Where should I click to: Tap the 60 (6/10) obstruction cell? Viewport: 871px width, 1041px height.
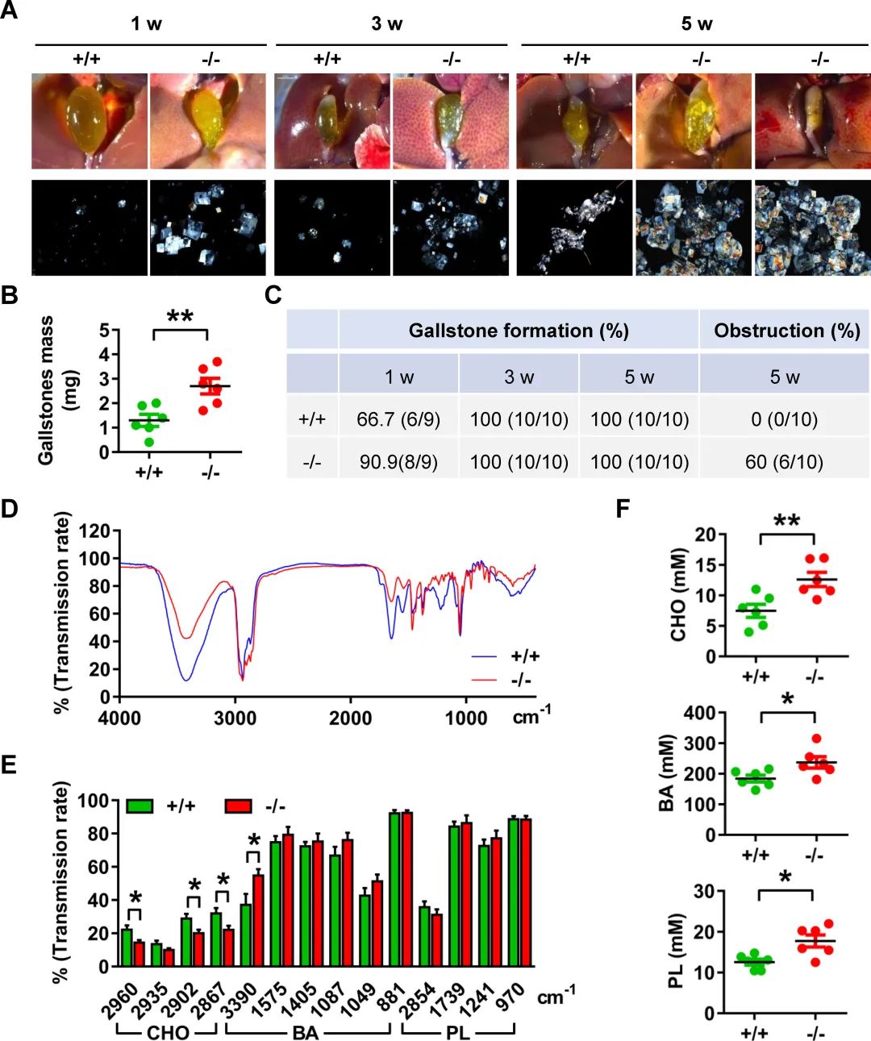[x=784, y=462]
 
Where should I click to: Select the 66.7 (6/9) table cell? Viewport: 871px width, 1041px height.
[x=398, y=419]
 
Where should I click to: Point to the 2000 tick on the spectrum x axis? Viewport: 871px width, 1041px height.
[x=350, y=718]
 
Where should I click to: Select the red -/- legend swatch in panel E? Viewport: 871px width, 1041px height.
[x=238, y=806]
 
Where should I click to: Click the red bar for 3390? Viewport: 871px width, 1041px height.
[x=258, y=920]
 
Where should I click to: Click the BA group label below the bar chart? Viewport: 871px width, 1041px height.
[x=305, y=1032]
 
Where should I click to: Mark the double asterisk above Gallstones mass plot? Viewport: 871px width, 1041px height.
[x=180, y=316]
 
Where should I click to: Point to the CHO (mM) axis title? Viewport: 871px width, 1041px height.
[x=677, y=595]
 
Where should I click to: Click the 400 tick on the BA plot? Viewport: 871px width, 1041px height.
[x=699, y=713]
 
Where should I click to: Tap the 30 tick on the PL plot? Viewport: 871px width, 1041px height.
[x=704, y=891]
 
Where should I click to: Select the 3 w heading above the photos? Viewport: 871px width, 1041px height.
[x=387, y=23]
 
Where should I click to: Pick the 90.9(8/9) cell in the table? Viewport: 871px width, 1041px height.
[x=398, y=462]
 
